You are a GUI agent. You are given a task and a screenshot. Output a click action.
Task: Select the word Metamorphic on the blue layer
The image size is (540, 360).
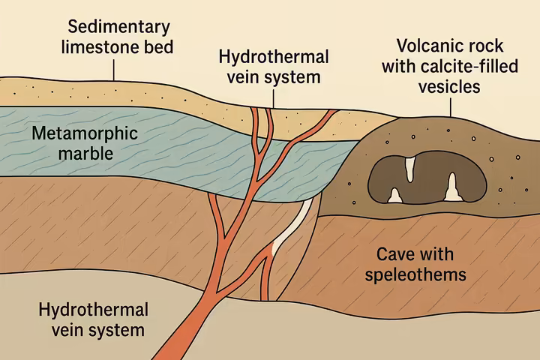[75, 134]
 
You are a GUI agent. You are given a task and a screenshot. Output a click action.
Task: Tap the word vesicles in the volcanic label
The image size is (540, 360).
[449, 87]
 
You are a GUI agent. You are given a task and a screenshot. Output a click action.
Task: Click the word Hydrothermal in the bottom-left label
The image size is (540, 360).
[93, 309]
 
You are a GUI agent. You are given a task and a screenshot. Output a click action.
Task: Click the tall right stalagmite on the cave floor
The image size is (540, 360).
[452, 187]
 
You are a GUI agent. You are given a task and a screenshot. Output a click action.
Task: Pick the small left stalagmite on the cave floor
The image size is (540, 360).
[394, 196]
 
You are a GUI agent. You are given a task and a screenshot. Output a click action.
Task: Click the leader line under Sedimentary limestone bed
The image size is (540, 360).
[114, 70]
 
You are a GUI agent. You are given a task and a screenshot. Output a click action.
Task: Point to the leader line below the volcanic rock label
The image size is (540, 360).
[450, 108]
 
